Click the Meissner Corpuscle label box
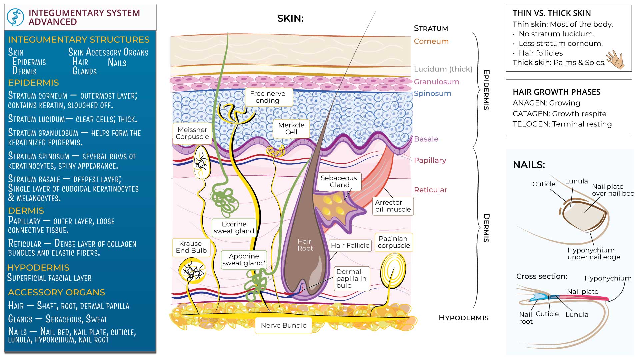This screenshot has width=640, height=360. coord(192,133)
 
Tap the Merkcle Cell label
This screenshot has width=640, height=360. coord(291,129)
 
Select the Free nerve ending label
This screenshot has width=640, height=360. coord(267,97)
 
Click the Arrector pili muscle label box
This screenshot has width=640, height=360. coord(393,206)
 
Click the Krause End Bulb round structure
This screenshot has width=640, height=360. coord(192,270)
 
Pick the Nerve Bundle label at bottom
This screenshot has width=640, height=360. coord(284,325)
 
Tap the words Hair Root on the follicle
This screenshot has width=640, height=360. coord(305,245)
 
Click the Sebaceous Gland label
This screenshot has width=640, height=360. coord(339,182)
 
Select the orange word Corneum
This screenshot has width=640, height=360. coord(431,41)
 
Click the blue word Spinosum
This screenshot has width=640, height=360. coord(432,94)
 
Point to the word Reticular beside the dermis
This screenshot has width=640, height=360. coord(430,190)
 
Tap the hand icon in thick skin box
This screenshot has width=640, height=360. coord(615,60)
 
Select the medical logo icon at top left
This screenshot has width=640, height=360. coord(16,17)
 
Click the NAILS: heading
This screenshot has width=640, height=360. coord(529,165)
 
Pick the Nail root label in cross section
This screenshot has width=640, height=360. coord(526,318)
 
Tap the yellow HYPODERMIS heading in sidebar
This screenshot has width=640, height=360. coord(38,268)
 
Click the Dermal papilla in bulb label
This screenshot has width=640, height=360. coord(351,279)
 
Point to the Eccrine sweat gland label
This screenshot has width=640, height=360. coord(234,228)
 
